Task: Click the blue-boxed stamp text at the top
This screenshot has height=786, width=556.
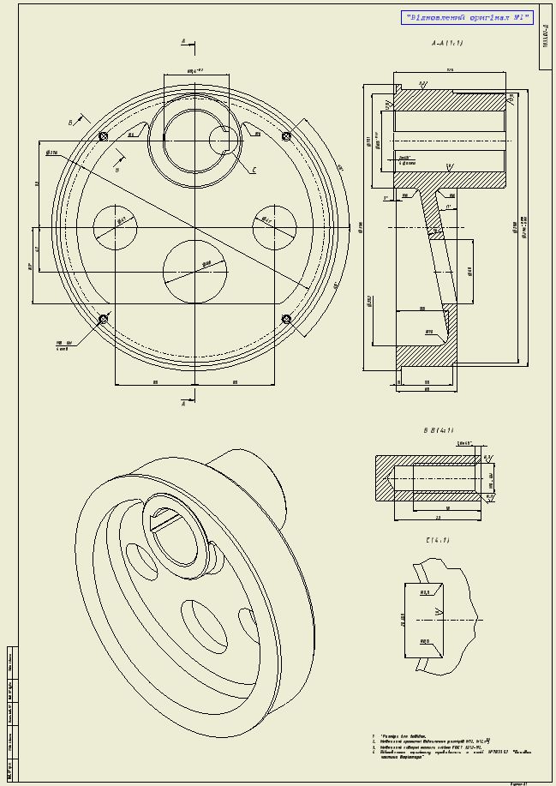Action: [467, 17]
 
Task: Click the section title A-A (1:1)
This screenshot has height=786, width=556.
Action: [448, 43]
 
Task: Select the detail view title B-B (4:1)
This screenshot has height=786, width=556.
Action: [439, 430]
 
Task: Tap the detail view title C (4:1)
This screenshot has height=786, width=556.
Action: [437, 541]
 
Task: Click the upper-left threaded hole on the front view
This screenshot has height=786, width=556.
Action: [104, 136]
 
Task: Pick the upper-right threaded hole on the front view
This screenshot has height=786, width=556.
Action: [286, 136]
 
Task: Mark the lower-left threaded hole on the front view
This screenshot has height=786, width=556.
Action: [104, 319]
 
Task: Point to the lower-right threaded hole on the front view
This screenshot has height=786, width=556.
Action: [286, 319]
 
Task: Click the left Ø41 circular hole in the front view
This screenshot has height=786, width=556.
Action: [115, 228]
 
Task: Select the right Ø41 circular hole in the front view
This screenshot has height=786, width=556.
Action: [274, 228]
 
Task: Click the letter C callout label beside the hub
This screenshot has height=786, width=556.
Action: [254, 171]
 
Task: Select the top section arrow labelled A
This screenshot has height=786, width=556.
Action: [184, 41]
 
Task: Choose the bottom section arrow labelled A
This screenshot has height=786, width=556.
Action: [184, 403]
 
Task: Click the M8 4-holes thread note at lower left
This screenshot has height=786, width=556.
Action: [63, 345]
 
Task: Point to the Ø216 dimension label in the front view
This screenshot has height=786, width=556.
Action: [51, 153]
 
